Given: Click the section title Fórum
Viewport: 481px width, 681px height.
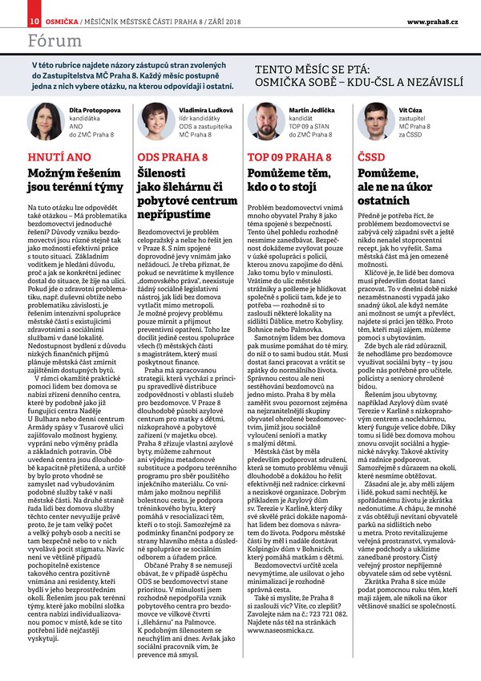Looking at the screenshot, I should pyautogui.click(x=53, y=39).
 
